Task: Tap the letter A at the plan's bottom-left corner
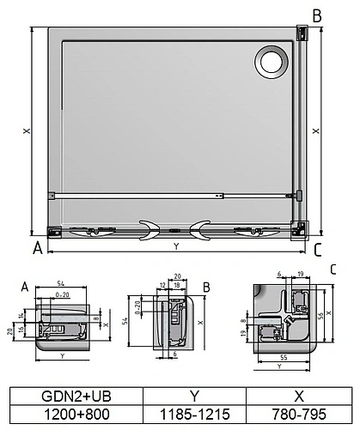[x=36, y=249]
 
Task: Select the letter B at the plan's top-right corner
[x=317, y=16]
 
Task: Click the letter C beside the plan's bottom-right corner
[x=317, y=250]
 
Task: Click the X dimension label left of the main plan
[x=27, y=131]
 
